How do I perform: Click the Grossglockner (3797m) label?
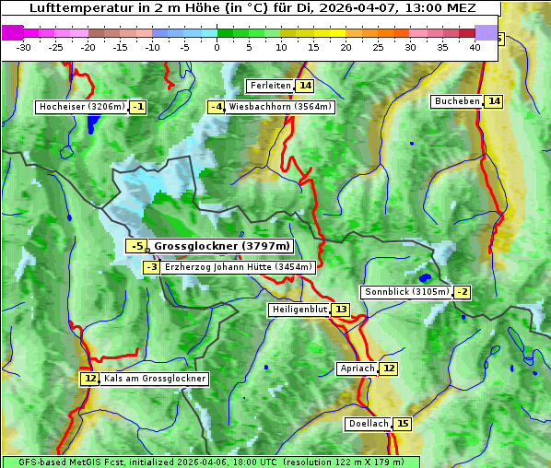pyautogui.click(x=221, y=246)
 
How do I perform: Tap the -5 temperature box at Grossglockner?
pyautogui.click(x=136, y=246)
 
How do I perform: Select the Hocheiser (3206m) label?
pyautogui.click(x=81, y=107)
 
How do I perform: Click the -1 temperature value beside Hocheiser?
pyautogui.click(x=137, y=107)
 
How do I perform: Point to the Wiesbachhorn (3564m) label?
pyautogui.click(x=280, y=107)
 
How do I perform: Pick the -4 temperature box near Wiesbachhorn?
pyautogui.click(x=217, y=107)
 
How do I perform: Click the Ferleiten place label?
pyautogui.click(x=270, y=86)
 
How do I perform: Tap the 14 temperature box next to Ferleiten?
pyautogui.click(x=304, y=86)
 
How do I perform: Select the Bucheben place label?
pyautogui.click(x=457, y=101)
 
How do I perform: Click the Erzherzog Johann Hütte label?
pyautogui.click(x=240, y=267)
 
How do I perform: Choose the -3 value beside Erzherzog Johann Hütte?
pyautogui.click(x=152, y=267)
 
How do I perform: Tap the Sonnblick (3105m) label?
pyautogui.click(x=406, y=292)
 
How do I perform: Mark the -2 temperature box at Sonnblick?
pyautogui.click(x=462, y=292)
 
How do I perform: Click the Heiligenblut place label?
pyautogui.click(x=299, y=310)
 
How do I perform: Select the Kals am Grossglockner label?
pyautogui.click(x=154, y=379)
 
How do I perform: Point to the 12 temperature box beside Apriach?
pyautogui.click(x=389, y=369)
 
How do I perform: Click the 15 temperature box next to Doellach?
pyautogui.click(x=403, y=424)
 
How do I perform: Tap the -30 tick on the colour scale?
pyautogui.click(x=24, y=47)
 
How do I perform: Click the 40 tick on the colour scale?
pyautogui.click(x=475, y=47)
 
